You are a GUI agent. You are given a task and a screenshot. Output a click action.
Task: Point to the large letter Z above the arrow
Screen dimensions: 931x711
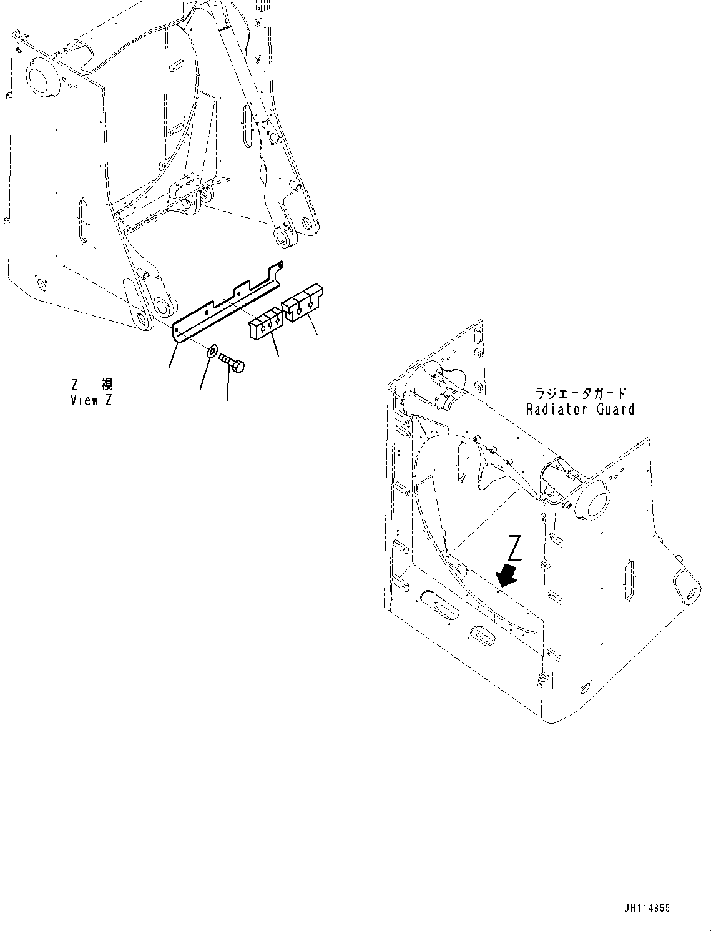point(514,548)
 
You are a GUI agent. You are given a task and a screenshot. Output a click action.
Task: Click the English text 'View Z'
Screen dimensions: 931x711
point(91,401)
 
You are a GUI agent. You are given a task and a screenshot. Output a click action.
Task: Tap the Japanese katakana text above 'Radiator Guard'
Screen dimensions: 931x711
point(580,393)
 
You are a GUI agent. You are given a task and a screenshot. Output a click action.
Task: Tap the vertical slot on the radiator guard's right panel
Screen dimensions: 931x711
point(629,581)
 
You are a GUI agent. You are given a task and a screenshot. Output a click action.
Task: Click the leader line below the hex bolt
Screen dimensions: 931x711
point(227,388)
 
